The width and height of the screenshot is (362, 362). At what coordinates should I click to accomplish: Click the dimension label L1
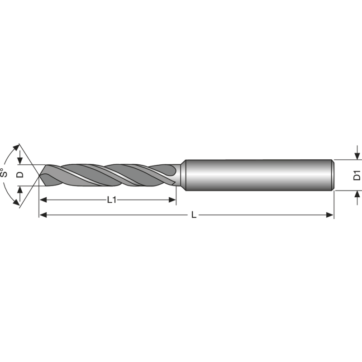pos(112,200)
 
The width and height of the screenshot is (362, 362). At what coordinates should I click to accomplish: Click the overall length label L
pos(194,215)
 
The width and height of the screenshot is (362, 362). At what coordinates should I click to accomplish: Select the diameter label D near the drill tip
pos(19,175)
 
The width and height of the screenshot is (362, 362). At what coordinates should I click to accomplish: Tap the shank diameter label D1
pos(357,175)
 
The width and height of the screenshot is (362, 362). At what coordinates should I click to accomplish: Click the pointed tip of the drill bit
pos(40,175)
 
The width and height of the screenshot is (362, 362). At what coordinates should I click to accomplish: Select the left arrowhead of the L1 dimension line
pos(43,200)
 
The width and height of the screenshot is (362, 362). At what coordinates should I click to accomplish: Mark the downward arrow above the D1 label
pos(357,156)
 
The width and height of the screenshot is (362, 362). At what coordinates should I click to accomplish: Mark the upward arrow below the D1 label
pos(357,195)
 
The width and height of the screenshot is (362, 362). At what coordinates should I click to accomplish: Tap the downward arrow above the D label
pos(19,161)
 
